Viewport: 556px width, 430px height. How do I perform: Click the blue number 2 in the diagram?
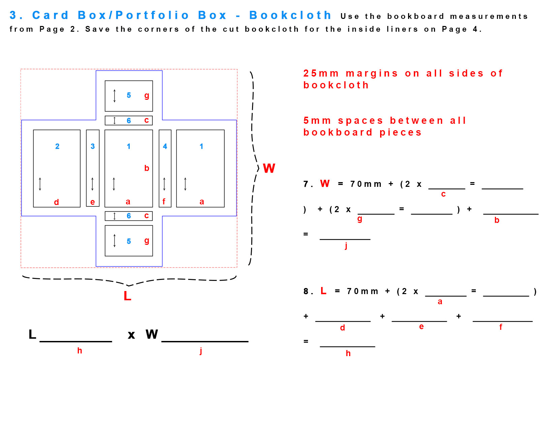[57, 146]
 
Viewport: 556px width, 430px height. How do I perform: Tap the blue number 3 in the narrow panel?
[93, 146]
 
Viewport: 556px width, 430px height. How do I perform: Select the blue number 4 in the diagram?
[165, 146]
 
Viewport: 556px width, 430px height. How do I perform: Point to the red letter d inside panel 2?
[56, 202]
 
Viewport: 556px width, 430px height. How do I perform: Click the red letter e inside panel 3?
[93, 202]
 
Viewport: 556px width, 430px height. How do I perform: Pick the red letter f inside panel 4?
[164, 201]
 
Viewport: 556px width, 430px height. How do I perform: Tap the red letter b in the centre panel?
[147, 168]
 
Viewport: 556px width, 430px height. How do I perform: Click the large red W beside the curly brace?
[269, 168]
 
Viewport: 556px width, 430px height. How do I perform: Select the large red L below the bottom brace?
[127, 296]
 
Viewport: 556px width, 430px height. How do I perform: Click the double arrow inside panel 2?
[40, 184]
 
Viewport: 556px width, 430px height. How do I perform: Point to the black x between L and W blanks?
[131, 335]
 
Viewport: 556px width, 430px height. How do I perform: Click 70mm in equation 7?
[366, 184]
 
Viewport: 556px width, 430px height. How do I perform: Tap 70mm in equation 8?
[362, 291]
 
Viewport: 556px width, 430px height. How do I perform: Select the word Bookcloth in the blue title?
[290, 15]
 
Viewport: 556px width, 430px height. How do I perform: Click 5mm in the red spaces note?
[317, 121]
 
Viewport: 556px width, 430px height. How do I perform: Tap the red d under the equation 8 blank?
[342, 327]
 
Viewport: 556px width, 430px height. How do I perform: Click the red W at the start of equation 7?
[325, 183]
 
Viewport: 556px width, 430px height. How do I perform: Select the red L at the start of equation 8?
[323, 291]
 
